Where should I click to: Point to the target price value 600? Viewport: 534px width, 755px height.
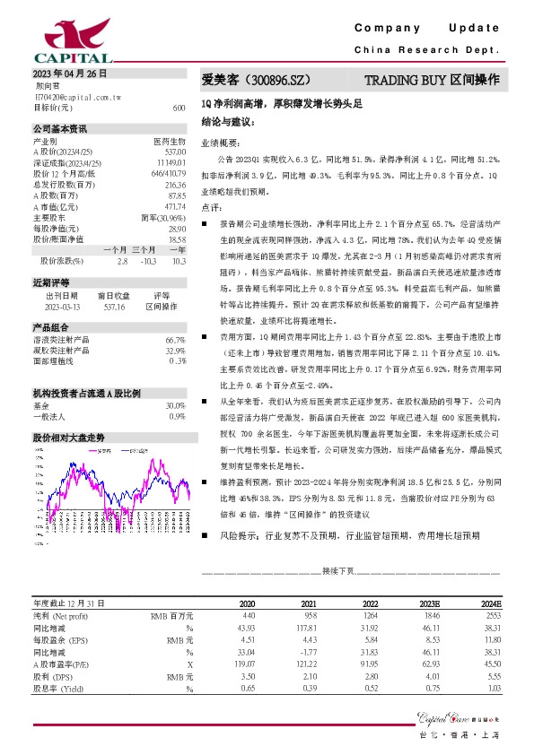coord(179,107)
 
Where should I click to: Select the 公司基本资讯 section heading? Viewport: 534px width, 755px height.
coord(60,129)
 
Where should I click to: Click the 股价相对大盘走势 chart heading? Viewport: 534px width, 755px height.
coord(68,437)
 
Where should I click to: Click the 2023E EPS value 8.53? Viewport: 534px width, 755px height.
coord(434,641)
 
